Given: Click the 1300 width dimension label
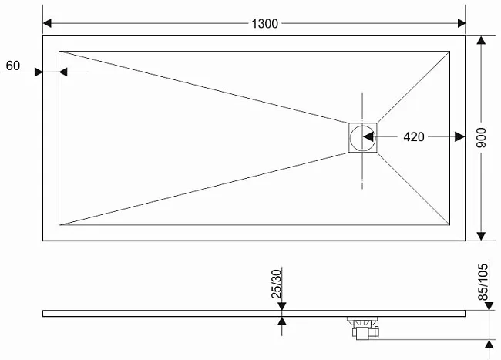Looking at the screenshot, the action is tap(264, 24).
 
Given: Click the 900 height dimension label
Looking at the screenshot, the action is tap(481, 138).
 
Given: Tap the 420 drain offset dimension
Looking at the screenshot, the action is tap(414, 136).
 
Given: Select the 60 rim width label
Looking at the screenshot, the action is tap(13, 66).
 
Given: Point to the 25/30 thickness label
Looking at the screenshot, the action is tap(277, 284).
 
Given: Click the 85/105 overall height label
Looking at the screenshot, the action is tap(483, 281).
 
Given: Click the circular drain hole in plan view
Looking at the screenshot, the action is tap(363, 138).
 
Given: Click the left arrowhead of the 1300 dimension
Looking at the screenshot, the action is tap(47, 23).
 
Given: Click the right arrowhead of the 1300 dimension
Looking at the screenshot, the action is tap(462, 23).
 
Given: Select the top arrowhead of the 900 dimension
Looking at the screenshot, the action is tap(481, 40).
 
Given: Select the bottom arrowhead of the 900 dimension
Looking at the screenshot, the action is tap(481, 237).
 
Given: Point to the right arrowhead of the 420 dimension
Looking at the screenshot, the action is tap(460, 136).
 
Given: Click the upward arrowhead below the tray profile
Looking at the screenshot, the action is tap(282, 321).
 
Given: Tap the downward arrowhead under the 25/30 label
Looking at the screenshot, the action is tap(282, 306).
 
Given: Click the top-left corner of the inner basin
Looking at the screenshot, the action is tap(59, 51).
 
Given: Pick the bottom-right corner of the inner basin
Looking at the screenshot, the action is tap(450, 225).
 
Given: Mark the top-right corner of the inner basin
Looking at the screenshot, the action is tap(450, 51).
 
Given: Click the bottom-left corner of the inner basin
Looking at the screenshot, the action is tap(59, 225).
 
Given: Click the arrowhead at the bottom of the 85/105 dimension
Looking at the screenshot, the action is tap(489, 344).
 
